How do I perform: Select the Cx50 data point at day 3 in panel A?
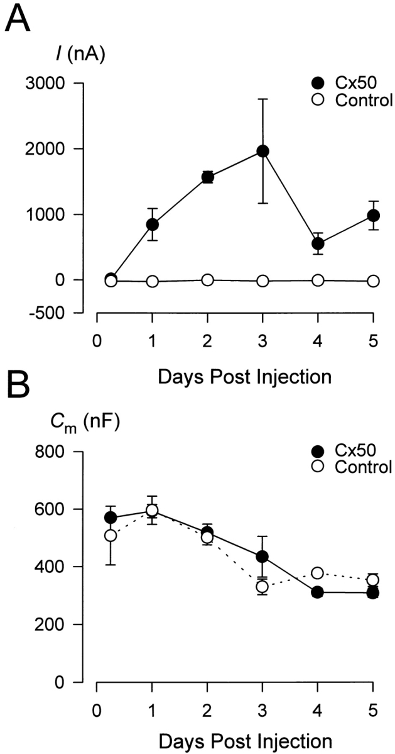262,151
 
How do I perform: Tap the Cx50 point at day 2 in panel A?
207,177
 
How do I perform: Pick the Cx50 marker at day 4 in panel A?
318,243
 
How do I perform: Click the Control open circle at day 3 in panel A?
262,280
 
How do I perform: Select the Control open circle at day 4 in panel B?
318,573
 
